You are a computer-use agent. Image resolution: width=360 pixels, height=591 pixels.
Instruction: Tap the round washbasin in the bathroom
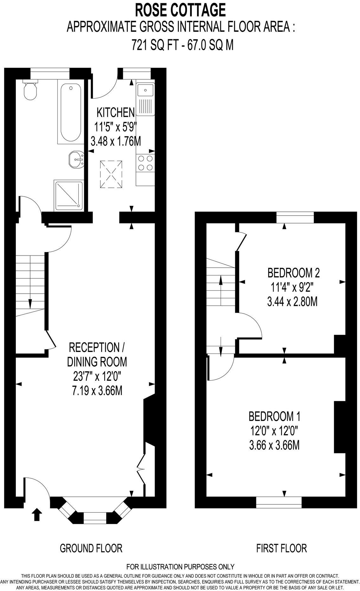click(x=77, y=159)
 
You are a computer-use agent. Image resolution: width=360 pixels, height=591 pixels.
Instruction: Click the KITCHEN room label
click(x=116, y=112)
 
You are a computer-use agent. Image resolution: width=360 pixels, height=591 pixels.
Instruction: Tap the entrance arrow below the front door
click(x=37, y=515)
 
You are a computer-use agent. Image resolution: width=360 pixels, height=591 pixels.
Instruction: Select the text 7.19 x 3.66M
click(x=97, y=390)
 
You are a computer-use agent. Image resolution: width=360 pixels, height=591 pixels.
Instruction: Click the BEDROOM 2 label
click(x=293, y=273)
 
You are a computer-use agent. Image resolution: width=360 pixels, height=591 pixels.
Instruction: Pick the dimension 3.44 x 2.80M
click(x=292, y=302)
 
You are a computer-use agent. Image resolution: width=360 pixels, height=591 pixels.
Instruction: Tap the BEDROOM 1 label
click(x=274, y=416)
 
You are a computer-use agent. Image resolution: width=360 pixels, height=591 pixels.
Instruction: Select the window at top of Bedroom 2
click(x=295, y=218)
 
